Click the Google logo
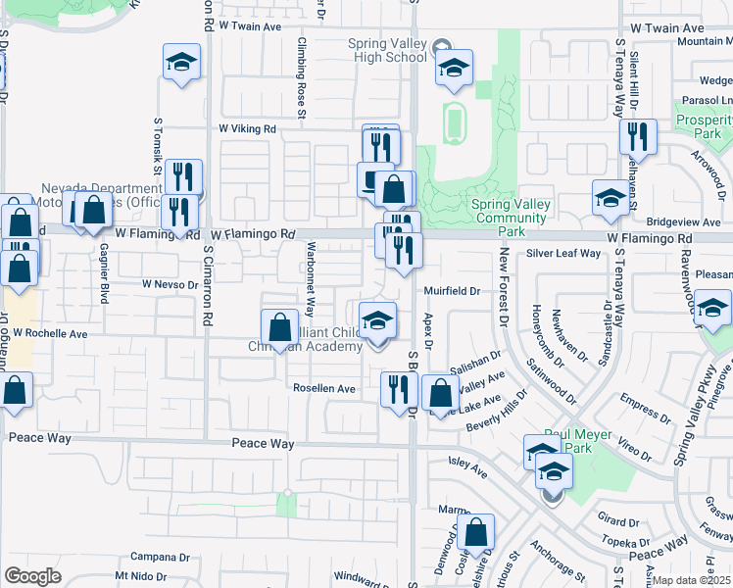(32, 576)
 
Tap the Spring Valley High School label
(388, 50)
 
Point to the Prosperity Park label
(704, 126)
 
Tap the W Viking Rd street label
(248, 128)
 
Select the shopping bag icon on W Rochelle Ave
(280, 327)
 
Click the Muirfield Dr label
(452, 291)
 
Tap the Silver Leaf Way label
(562, 253)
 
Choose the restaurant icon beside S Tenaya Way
(638, 136)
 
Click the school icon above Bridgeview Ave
(611, 197)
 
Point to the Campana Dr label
(159, 556)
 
